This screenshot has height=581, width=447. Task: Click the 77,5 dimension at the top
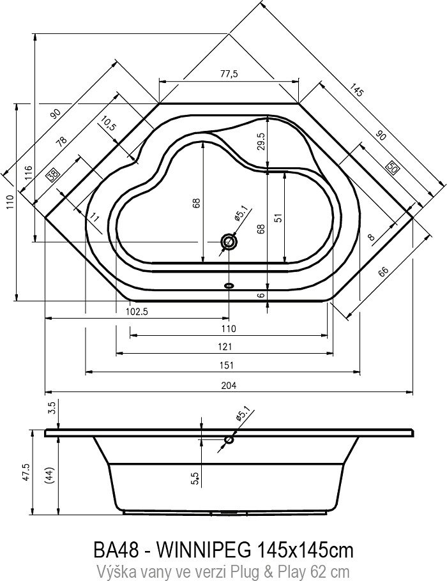(229, 74)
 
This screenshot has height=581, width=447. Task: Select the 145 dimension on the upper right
(356, 91)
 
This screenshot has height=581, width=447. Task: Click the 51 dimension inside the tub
(278, 217)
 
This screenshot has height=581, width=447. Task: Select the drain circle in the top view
(229, 241)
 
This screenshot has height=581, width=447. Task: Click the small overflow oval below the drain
(229, 285)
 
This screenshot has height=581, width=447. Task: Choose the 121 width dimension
(229, 329)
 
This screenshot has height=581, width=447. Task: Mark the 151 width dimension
(229, 365)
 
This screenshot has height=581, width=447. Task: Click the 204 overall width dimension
(229, 386)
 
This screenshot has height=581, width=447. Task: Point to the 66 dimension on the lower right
(383, 272)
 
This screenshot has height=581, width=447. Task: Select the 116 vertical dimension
(28, 172)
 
